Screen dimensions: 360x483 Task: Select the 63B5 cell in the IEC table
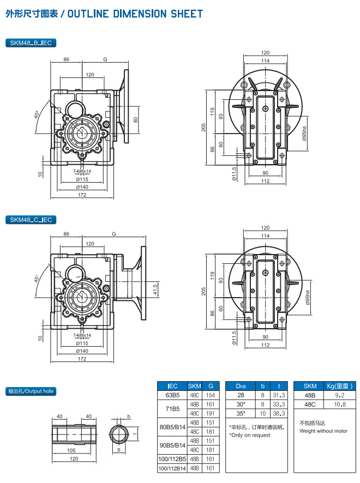(x=172, y=395)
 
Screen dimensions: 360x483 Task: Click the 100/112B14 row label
(x=172, y=468)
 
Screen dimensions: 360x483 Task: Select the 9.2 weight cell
(x=339, y=395)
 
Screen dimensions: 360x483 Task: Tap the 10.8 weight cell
(x=339, y=404)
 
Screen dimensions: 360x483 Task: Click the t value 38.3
(x=279, y=414)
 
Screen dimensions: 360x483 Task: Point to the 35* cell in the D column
(x=241, y=414)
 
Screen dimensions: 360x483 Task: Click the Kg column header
(x=339, y=385)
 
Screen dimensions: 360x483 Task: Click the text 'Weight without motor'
(x=323, y=431)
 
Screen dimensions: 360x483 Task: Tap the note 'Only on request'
(x=250, y=435)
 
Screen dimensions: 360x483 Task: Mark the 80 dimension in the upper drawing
(x=136, y=120)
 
